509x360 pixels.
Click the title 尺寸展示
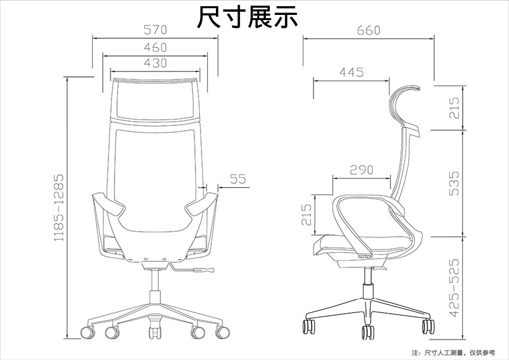click(247, 16)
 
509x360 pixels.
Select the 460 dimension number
click(155, 47)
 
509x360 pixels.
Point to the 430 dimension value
click(155, 63)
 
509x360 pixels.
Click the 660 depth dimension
click(368, 30)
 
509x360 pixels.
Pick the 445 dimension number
click(351, 72)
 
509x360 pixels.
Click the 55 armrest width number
click(238, 179)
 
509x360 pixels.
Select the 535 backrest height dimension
click(454, 184)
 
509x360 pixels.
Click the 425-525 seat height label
click(454, 287)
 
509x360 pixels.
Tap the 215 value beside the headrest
click(454, 107)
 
